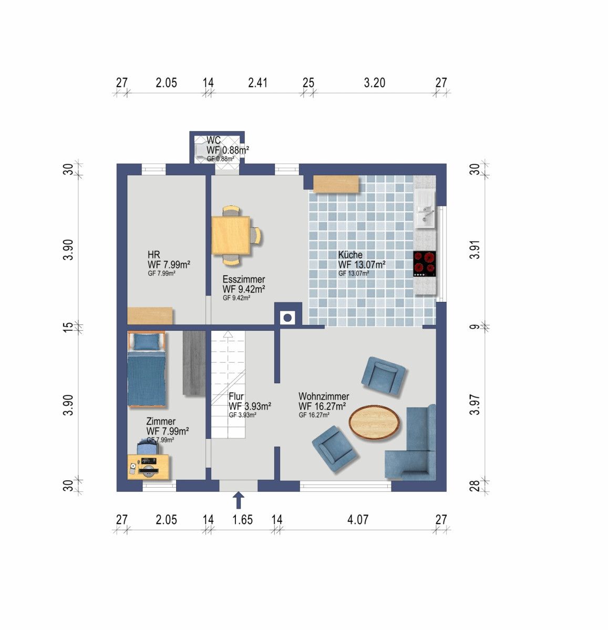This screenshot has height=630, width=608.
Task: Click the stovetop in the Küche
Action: click(x=425, y=264)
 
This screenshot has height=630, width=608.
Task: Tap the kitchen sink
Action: click(x=425, y=209)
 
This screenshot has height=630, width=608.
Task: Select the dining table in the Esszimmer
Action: click(x=231, y=235)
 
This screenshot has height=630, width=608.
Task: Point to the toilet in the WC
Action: click(x=200, y=150)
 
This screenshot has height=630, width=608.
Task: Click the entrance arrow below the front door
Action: click(x=239, y=500)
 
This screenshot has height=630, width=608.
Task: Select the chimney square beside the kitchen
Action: click(x=287, y=317)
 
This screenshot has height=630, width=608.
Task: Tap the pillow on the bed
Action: click(x=146, y=342)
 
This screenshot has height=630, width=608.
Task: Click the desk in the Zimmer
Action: click(x=149, y=467)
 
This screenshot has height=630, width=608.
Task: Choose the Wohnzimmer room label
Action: click(x=324, y=396)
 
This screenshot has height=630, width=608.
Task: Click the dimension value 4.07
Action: click(x=358, y=520)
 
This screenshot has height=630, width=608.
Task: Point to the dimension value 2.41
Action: click(x=257, y=82)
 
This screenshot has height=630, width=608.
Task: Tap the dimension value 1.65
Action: click(x=242, y=520)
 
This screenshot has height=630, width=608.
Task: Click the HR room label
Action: click(x=153, y=255)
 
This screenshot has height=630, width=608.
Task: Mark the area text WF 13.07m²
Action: click(x=362, y=265)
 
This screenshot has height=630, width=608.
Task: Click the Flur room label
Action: click(x=236, y=396)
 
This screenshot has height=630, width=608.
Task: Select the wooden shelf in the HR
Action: click(x=150, y=316)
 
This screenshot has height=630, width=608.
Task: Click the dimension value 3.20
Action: click(x=375, y=82)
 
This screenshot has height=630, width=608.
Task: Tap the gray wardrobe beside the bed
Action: click(x=194, y=363)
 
